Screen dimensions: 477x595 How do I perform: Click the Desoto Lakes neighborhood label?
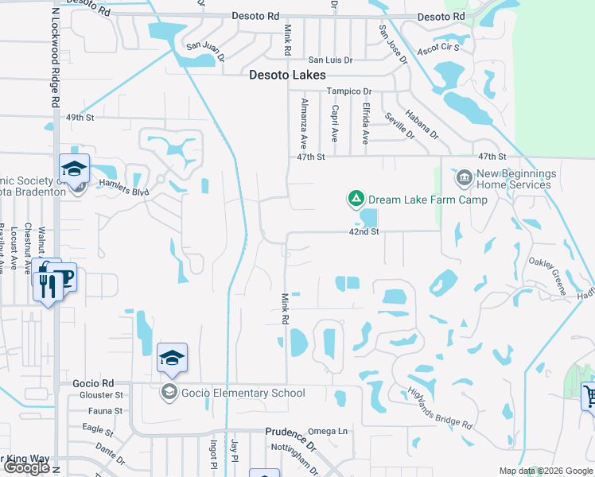point(287,75)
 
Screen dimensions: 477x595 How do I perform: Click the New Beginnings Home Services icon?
point(465,175)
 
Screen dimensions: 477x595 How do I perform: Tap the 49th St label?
point(80,118)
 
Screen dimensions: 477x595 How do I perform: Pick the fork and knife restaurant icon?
point(47,285)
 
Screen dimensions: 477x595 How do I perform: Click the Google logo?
point(26,468)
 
